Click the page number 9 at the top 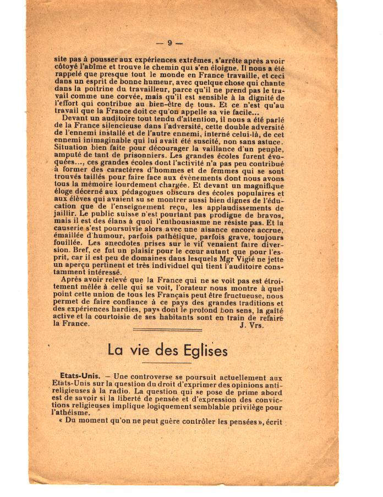[170, 43]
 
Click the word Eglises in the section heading [201, 350]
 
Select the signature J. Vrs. [251, 325]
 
